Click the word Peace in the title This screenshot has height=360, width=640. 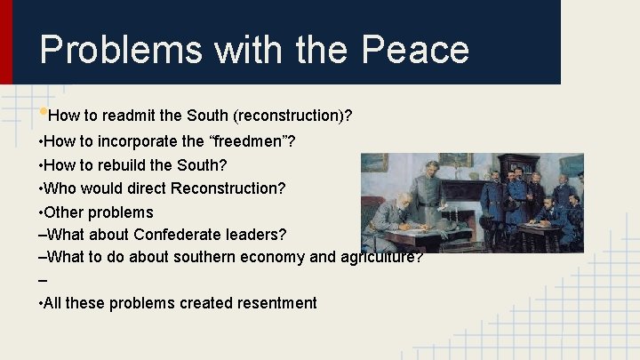coord(415,50)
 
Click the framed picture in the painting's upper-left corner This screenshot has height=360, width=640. coord(374,163)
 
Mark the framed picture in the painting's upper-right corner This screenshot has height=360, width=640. coord(571,165)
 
